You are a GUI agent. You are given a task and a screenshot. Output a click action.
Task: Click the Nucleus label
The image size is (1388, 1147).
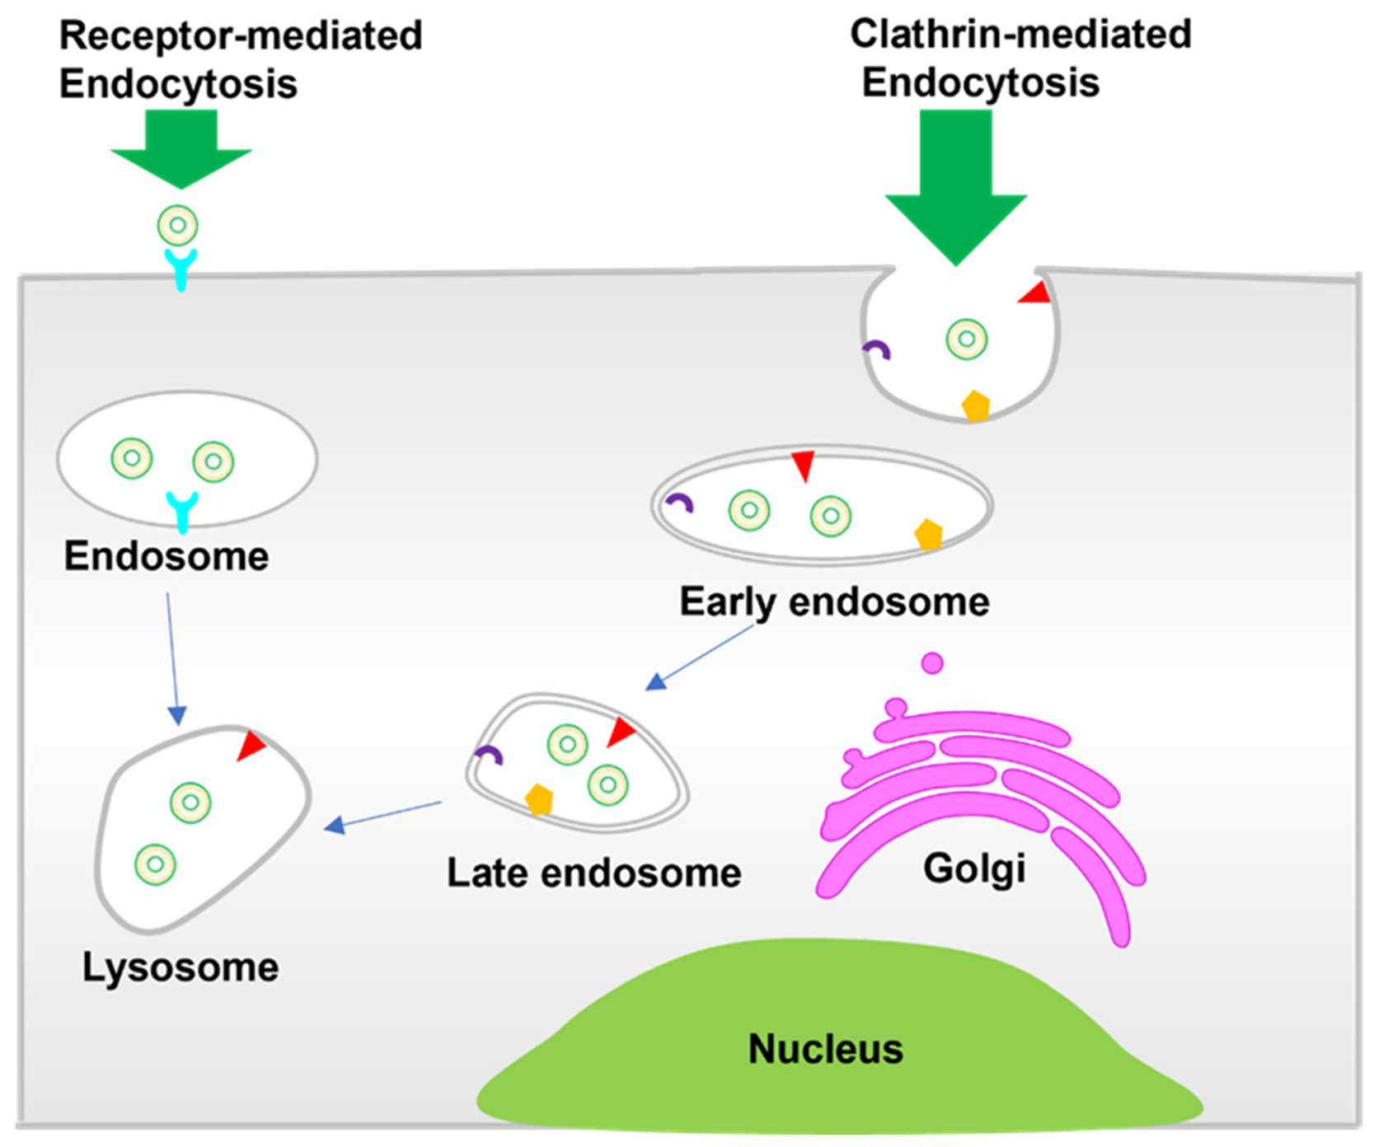click(x=825, y=1049)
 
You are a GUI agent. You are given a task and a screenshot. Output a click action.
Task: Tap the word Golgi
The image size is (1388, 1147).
click(x=974, y=868)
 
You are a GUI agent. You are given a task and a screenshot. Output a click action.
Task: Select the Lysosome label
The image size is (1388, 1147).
click(x=180, y=967)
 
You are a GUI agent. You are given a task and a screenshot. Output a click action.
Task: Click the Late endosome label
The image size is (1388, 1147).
click(x=593, y=873)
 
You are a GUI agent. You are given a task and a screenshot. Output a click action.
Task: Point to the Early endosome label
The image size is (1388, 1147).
click(x=833, y=602)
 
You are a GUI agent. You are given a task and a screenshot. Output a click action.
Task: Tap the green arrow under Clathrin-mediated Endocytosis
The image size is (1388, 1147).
click(x=956, y=190)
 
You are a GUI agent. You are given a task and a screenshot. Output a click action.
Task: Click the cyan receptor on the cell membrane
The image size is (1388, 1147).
click(x=181, y=268)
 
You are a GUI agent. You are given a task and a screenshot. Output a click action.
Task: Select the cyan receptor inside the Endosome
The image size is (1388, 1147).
click(x=182, y=509)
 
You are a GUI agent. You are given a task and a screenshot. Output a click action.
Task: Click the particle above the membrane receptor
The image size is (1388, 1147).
click(x=178, y=225)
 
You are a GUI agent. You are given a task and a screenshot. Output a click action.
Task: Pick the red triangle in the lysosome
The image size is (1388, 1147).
click(x=251, y=747)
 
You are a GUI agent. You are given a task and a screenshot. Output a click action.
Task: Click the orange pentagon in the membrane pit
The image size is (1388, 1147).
click(x=976, y=406)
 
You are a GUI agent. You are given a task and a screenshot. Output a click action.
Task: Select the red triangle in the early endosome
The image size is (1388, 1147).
click(x=802, y=465)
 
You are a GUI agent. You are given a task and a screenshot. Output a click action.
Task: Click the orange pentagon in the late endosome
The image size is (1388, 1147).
click(x=539, y=799)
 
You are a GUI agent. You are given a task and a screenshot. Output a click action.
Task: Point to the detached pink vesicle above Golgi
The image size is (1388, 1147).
click(x=932, y=662)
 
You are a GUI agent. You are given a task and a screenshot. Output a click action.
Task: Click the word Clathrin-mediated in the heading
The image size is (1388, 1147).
click(x=1020, y=35)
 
